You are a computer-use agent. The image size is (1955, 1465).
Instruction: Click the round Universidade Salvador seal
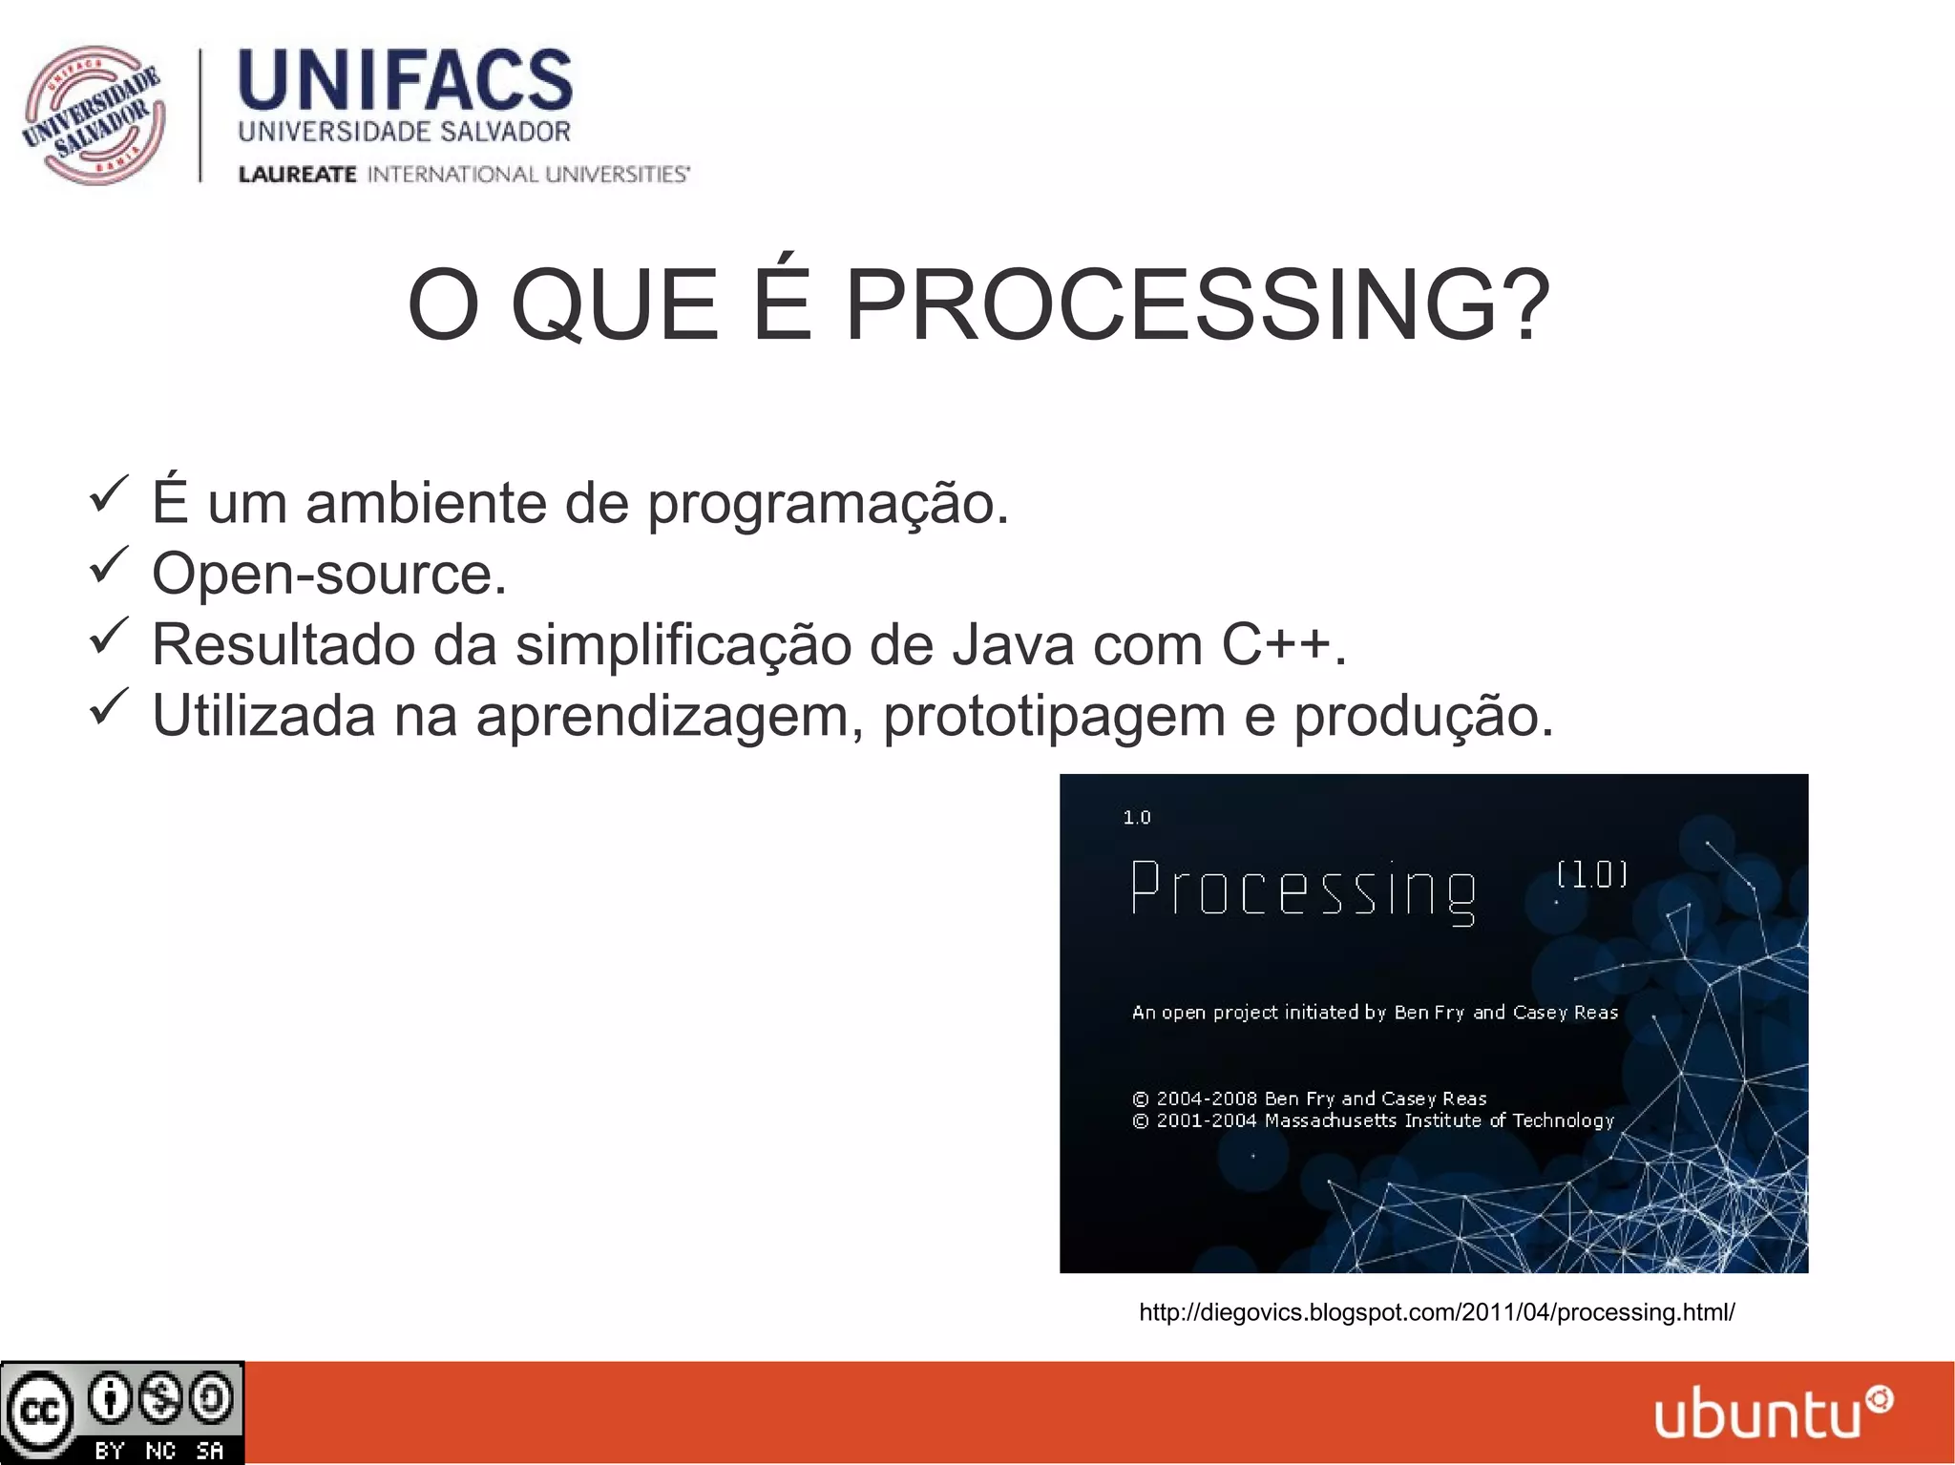[x=93, y=115]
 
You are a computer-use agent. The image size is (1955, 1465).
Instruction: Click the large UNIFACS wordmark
[x=405, y=81]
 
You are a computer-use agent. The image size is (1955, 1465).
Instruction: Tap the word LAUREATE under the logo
[x=297, y=175]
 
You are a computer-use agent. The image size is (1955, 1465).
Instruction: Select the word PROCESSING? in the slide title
[x=1197, y=305]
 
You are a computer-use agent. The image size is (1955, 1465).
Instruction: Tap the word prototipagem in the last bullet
[x=1054, y=717]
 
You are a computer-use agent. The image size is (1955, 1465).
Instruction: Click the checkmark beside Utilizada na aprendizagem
[x=108, y=706]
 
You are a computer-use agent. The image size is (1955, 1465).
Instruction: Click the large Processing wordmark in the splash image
[x=1303, y=890]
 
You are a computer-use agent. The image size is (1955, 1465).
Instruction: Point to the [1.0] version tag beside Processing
[x=1591, y=874]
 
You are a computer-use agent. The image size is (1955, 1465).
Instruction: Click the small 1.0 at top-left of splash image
[x=1137, y=818]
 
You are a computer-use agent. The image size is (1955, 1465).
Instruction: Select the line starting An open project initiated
[x=1375, y=1013]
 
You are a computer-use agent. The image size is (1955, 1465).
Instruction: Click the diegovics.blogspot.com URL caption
[x=1437, y=1313]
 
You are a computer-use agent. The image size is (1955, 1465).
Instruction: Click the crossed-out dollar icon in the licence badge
[x=160, y=1399]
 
